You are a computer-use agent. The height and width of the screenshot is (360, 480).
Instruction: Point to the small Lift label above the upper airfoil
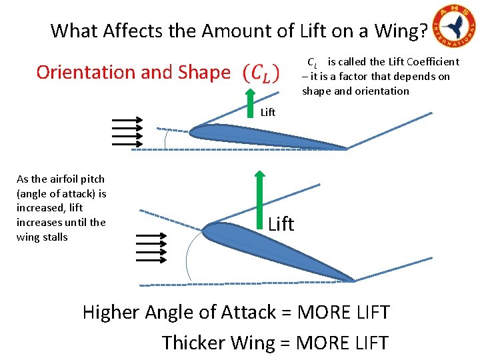(x=268, y=112)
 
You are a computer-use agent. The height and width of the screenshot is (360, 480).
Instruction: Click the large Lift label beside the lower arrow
(x=281, y=224)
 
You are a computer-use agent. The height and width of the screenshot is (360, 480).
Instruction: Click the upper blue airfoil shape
(x=267, y=136)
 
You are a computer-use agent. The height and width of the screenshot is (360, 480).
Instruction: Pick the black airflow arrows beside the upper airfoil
(x=127, y=131)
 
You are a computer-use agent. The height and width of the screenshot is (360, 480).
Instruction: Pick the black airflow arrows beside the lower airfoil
(x=151, y=247)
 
